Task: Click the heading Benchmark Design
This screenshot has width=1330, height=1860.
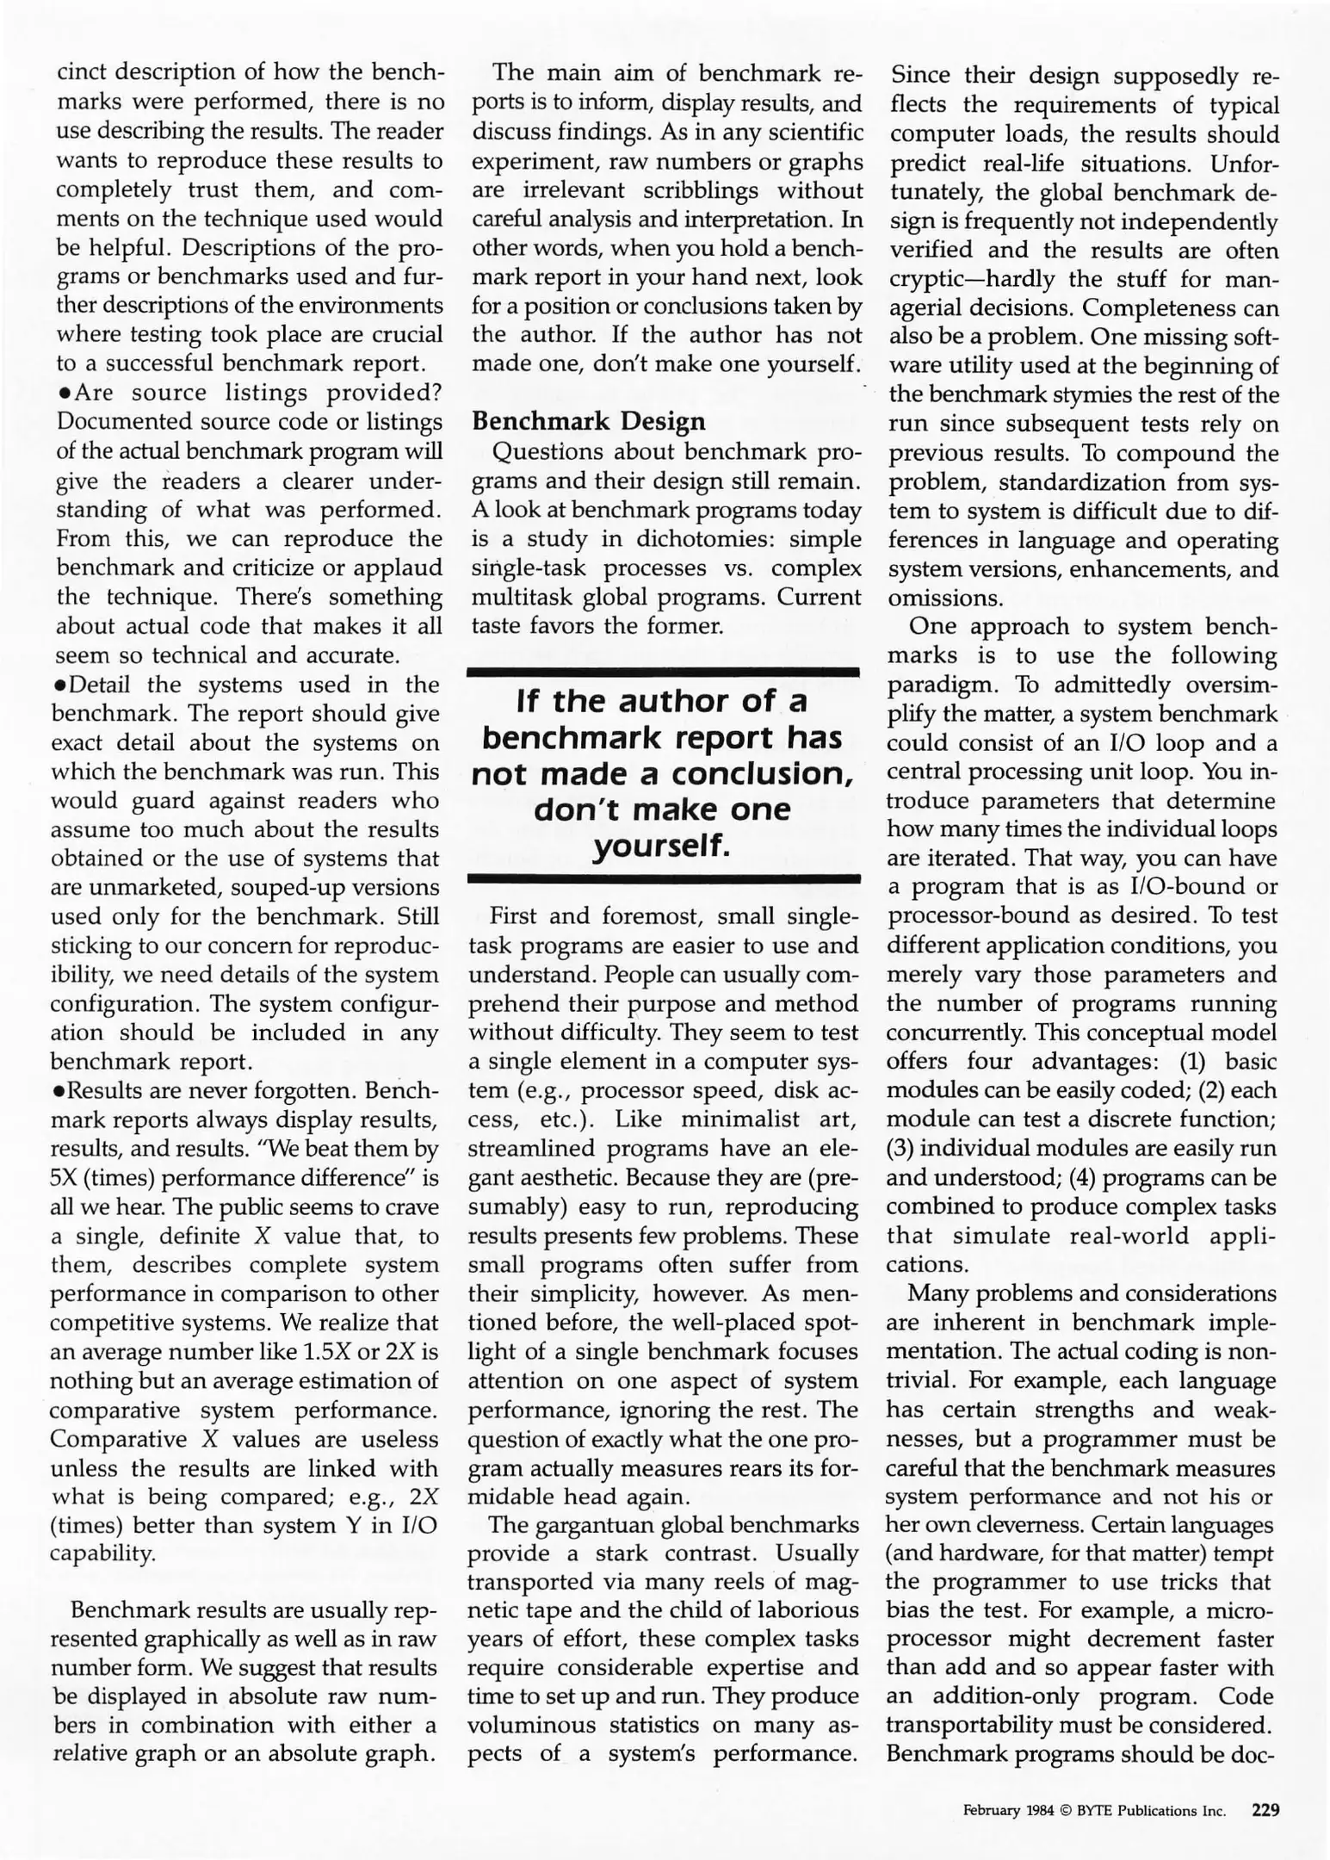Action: pos(588,421)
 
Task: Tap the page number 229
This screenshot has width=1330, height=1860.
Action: pos(1265,1810)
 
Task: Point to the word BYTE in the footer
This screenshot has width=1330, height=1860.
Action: pos(1094,1811)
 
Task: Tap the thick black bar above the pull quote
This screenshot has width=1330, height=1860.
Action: pos(664,670)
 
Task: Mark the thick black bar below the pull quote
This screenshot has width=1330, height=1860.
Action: pos(664,879)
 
